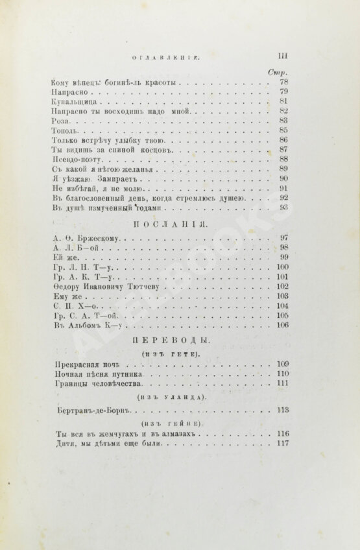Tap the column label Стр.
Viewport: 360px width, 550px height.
(x=278, y=71)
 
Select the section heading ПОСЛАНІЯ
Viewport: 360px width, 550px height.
(x=169, y=224)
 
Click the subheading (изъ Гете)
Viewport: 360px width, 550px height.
(x=170, y=353)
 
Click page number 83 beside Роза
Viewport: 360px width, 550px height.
(x=283, y=121)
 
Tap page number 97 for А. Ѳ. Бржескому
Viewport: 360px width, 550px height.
(x=283, y=238)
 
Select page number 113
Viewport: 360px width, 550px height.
(x=282, y=409)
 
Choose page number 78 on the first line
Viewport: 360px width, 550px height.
(x=283, y=82)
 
